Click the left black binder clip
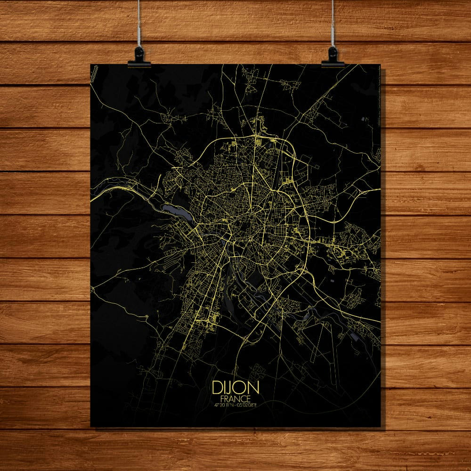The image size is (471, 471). pyautogui.click(x=139, y=57)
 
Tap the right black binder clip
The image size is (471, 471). pyautogui.click(x=333, y=57)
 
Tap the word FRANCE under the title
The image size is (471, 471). pyautogui.click(x=235, y=398)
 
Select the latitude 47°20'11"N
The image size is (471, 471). pyautogui.click(x=224, y=404)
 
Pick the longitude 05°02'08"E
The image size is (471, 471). pyautogui.click(x=248, y=404)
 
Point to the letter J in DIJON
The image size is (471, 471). pyautogui.click(x=231, y=388)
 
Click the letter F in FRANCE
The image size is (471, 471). pyautogui.click(x=222, y=398)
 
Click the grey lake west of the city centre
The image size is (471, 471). pyautogui.click(x=175, y=211)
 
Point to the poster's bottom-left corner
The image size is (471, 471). pyautogui.click(x=91, y=426)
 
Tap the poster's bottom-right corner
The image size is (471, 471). pyautogui.click(x=380, y=426)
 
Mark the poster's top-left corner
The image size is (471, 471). pyautogui.click(x=91, y=65)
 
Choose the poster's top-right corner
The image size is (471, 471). pyautogui.click(x=380, y=65)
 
